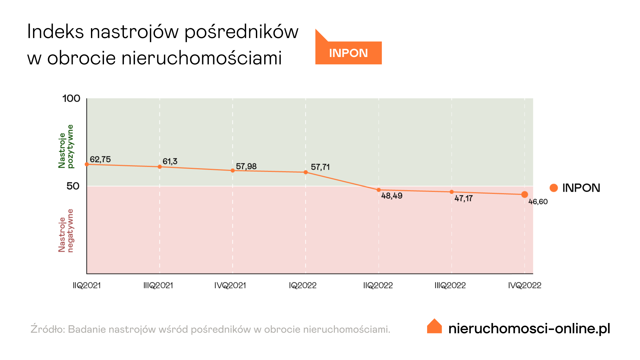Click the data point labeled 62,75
[x=87, y=164]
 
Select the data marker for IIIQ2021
[x=160, y=167]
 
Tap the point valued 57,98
[x=233, y=171]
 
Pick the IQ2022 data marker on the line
[x=306, y=172]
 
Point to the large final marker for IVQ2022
[x=524, y=194]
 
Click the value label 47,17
[x=463, y=199]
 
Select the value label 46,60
[x=538, y=202]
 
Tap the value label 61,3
[x=170, y=162]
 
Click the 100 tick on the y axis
[x=71, y=98]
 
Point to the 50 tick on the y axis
[x=73, y=186]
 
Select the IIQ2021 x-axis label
[x=87, y=285]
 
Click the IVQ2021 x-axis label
[x=230, y=285]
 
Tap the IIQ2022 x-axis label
[x=378, y=285]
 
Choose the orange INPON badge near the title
[x=348, y=53]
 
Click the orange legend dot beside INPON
[x=554, y=188]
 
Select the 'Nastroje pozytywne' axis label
[x=66, y=147]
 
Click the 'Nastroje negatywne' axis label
[x=66, y=231]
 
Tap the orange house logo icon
[x=434, y=326]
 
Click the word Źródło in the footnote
[x=48, y=329]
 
